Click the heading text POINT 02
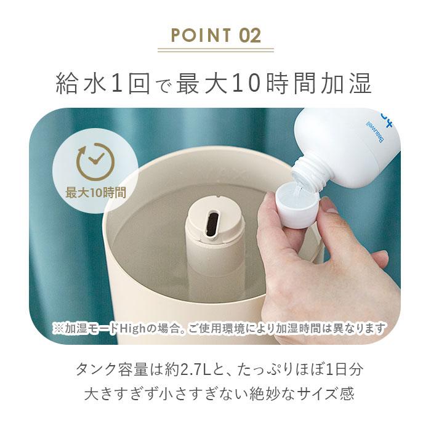[215, 34]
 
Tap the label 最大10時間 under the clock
[95, 192]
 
